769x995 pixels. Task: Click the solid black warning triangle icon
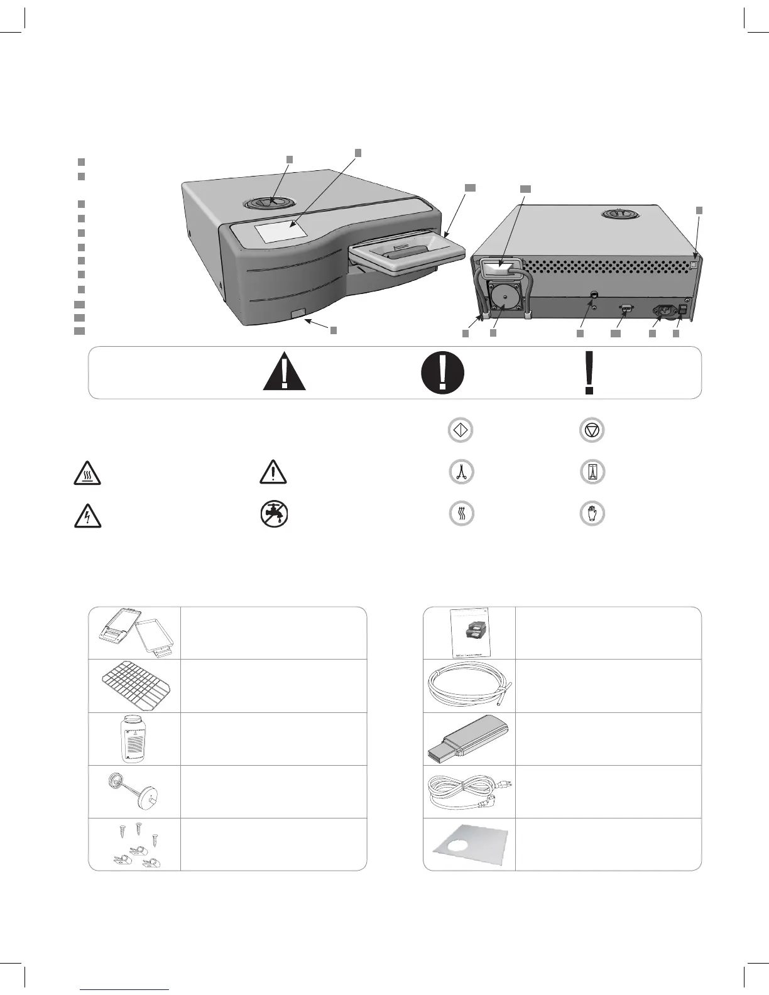[284, 371]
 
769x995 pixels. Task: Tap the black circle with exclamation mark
[442, 372]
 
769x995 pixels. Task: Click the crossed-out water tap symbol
[273, 515]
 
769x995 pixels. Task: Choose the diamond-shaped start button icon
[461, 430]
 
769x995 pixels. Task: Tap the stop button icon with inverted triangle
[591, 430]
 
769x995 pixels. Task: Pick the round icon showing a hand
[591, 513]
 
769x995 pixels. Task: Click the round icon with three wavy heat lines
[461, 513]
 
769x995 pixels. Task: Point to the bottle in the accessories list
[134, 739]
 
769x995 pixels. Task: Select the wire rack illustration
[134, 686]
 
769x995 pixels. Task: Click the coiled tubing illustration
[469, 685]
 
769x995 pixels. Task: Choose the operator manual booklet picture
[469, 633]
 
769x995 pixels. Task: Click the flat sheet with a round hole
[469, 844]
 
